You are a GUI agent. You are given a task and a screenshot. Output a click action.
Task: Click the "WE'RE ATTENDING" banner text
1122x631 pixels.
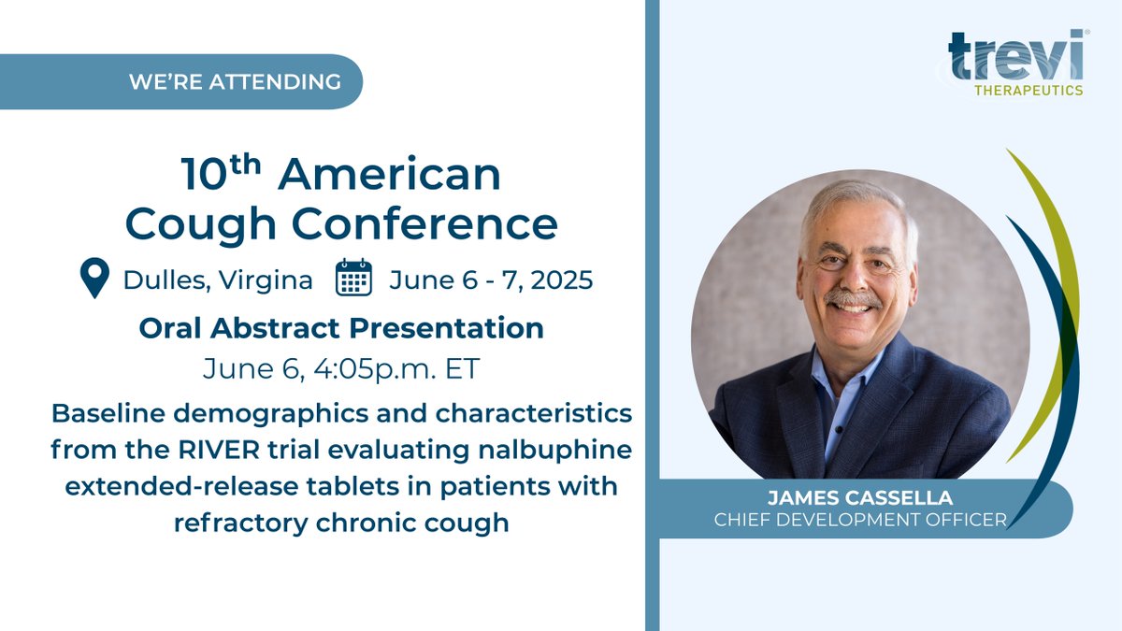(x=235, y=81)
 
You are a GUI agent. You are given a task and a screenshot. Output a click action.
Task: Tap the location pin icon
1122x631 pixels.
(x=94, y=279)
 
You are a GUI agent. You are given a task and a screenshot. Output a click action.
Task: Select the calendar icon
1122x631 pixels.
(x=353, y=279)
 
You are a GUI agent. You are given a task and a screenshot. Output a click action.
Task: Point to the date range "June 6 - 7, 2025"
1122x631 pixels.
(x=491, y=280)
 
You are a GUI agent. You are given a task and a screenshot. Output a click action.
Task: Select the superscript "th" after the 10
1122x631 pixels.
(x=244, y=163)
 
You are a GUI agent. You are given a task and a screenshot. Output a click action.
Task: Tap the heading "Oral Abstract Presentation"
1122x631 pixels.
(x=341, y=328)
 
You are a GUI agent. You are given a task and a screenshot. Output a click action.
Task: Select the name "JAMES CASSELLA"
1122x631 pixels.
(x=860, y=500)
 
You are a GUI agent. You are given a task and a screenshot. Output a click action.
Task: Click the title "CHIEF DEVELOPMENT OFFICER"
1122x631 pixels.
(x=860, y=520)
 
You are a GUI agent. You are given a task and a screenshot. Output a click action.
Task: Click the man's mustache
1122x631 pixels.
(x=853, y=298)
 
